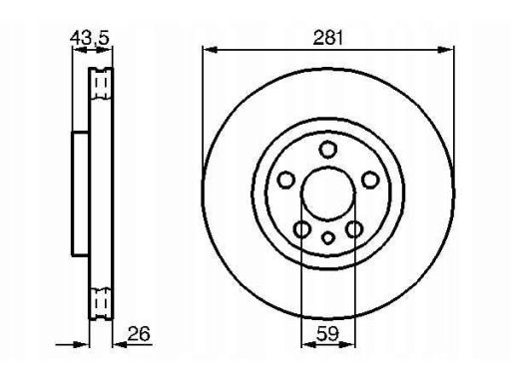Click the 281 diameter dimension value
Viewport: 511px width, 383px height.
327,38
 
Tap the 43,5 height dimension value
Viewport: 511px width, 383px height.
90,38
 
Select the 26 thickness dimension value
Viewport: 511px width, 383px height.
139,333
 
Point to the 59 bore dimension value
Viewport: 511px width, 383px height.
327,333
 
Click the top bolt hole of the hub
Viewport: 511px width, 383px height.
327,150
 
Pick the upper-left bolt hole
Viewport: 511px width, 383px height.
285,181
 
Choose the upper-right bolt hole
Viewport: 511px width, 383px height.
370,180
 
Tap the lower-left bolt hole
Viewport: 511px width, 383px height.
302,229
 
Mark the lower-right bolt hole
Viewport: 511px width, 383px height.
354,229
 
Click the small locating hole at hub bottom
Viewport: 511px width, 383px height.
328,238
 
